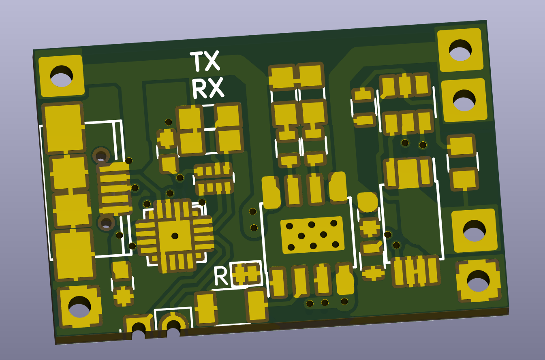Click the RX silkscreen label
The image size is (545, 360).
point(208,88)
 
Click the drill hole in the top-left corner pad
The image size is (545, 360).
point(61,76)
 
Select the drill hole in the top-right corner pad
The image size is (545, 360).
point(460,50)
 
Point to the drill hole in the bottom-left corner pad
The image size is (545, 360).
point(79,307)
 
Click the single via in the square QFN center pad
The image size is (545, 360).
point(175,236)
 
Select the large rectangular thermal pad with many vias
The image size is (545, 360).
point(312,235)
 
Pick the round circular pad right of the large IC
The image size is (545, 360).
point(368,202)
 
